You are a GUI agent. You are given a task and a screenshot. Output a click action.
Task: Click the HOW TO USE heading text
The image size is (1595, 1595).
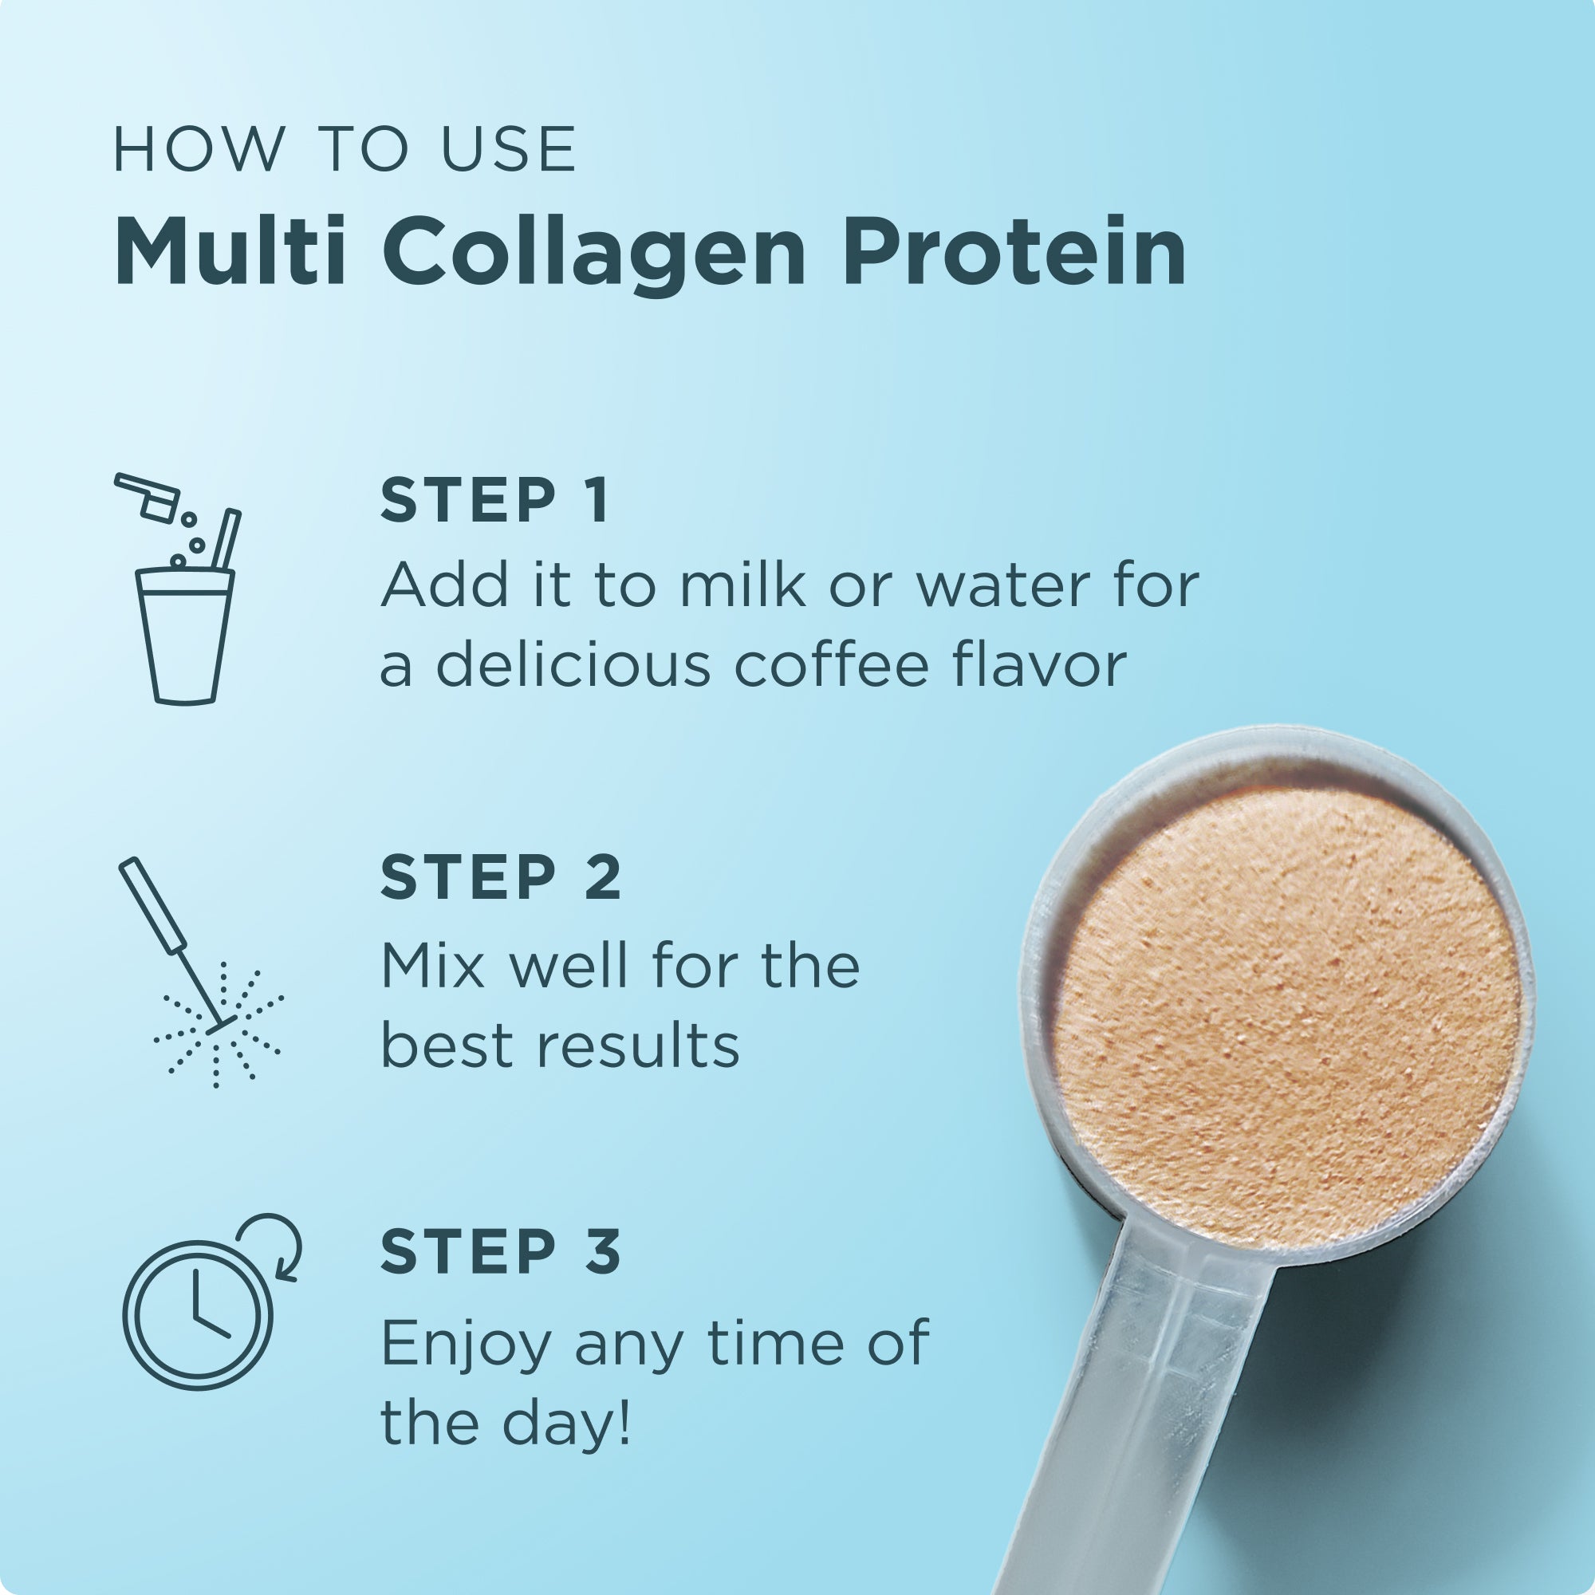(x=345, y=149)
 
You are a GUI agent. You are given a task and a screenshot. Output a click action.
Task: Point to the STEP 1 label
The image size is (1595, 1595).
(x=494, y=500)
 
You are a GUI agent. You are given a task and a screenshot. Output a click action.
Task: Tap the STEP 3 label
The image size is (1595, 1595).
(x=500, y=1251)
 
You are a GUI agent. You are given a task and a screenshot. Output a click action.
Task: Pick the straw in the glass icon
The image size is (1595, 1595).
(x=226, y=541)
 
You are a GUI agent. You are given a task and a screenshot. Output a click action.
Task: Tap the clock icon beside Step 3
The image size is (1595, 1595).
(x=197, y=1313)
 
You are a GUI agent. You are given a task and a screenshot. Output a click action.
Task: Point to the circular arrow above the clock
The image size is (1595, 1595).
(x=274, y=1247)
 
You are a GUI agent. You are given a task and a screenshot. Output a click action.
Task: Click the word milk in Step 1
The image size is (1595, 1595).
(x=742, y=585)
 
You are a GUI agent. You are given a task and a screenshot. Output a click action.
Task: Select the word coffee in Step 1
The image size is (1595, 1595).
(x=832, y=664)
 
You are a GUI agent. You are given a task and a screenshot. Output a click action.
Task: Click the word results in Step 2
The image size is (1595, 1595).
(x=637, y=1046)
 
